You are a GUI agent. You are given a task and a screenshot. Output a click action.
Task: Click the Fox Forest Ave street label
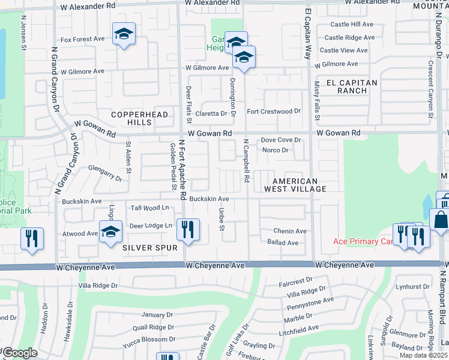coord(82,39)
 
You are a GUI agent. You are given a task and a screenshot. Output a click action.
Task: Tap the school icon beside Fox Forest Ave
coord(124,34)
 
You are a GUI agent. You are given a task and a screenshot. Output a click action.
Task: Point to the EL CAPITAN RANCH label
coord(352,86)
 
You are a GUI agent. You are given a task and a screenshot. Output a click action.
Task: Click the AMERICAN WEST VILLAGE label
coord(295,185)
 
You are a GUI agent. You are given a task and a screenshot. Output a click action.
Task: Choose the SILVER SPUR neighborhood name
coord(150,248)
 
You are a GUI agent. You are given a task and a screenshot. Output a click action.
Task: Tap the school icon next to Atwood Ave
coord(110,232)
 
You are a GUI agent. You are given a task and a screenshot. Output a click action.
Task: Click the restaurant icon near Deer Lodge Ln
coord(188,230)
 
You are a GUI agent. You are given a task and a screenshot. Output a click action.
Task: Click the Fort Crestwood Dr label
coord(274,111)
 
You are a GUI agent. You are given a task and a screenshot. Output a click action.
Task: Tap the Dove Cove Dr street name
coord(280,140)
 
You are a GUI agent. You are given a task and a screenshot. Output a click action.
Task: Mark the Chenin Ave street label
coord(290,231)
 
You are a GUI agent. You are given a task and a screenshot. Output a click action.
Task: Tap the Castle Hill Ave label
coord(353,24)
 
